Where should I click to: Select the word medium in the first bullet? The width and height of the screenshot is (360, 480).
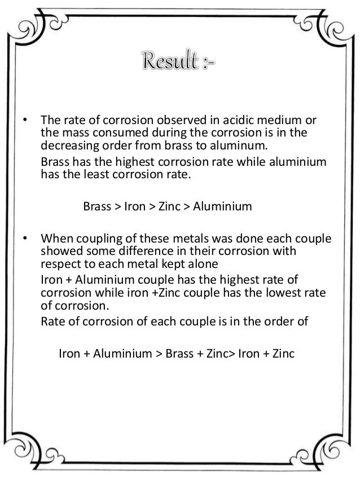coord(273,121)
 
